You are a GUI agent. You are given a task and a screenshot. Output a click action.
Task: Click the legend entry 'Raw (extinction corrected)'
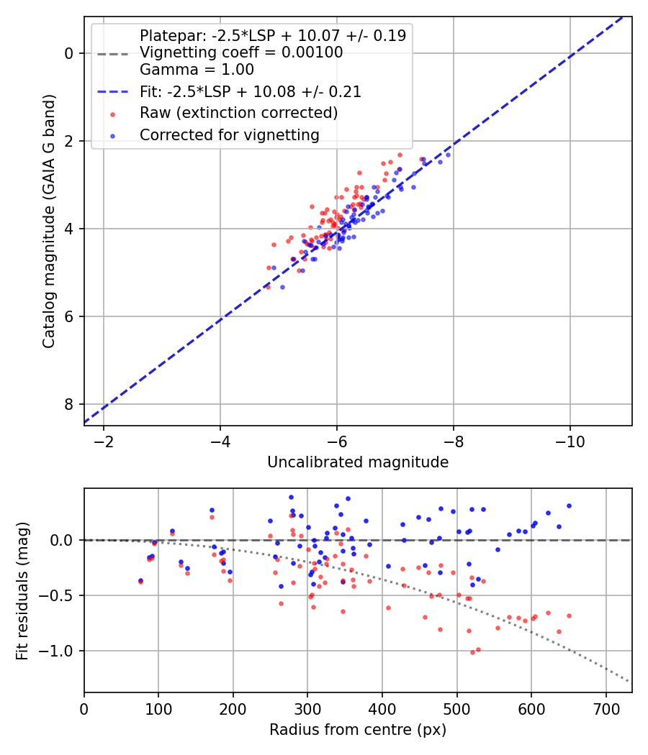[238, 113]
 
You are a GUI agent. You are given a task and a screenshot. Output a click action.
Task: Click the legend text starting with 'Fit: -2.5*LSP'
[251, 92]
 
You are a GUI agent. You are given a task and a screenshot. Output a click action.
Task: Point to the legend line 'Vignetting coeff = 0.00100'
[241, 52]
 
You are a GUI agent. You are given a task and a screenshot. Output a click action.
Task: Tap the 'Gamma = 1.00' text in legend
[197, 70]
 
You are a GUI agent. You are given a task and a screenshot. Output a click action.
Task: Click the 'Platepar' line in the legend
[272, 35]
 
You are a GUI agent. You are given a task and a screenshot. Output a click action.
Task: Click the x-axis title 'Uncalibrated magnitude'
[358, 462]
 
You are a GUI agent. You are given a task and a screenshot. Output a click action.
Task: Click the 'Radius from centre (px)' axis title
[358, 730]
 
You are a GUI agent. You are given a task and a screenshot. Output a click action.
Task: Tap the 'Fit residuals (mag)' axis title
[22, 590]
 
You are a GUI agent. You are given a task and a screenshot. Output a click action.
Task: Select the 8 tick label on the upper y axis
[69, 404]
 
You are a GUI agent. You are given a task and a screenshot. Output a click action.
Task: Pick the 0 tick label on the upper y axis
[69, 53]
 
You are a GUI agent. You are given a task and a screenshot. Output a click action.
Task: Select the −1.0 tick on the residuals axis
[61, 651]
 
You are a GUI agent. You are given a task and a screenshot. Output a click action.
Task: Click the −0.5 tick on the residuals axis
[61, 595]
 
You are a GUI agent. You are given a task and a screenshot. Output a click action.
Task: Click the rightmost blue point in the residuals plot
[569, 505]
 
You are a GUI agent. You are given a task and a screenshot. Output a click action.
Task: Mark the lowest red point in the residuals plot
[472, 652]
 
